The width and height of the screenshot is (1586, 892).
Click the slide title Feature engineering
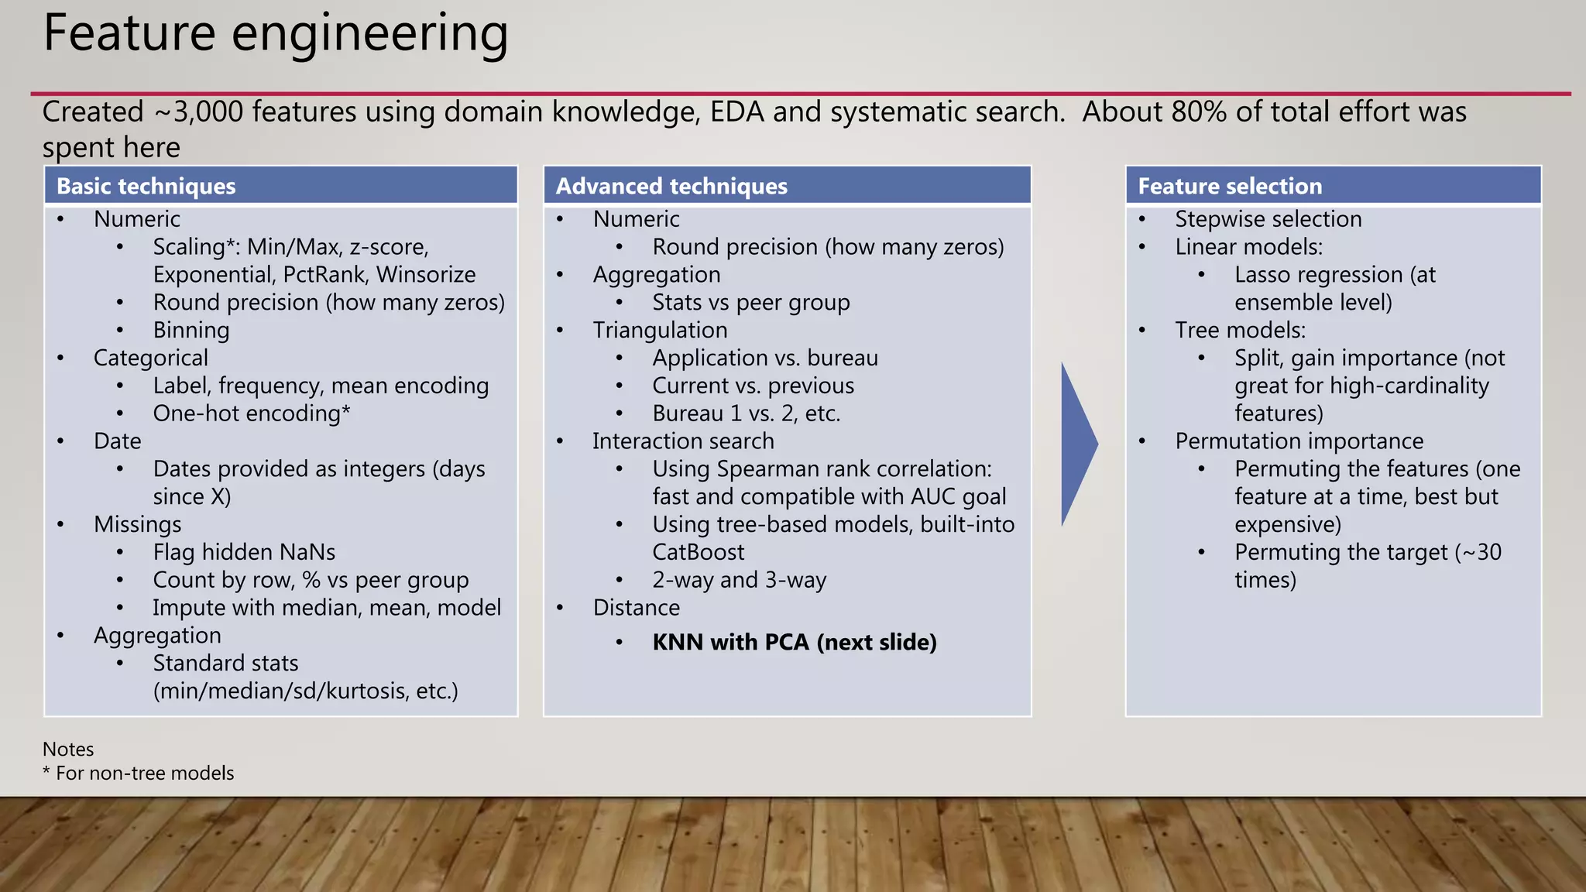pos(276,34)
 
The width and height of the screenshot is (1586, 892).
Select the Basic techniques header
pos(146,186)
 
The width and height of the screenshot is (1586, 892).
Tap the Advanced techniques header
pos(671,186)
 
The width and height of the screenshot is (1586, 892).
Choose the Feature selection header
pos(1230,186)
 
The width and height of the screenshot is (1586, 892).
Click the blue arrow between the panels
pos(1078,444)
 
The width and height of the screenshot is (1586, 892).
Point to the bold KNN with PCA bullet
pos(795,642)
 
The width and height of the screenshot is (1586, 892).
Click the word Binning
pos(191,330)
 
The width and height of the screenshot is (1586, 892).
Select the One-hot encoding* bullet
pos(252,413)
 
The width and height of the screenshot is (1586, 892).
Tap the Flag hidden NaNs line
pos(244,552)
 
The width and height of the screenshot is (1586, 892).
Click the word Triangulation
pos(660,330)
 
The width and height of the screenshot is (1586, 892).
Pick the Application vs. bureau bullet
pos(765,358)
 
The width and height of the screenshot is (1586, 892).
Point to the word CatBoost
pos(698,552)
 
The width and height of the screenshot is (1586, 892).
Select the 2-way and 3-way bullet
pos(740,580)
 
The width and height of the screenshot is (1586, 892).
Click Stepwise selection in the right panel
pos(1268,219)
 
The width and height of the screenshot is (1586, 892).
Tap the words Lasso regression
pos(1318,275)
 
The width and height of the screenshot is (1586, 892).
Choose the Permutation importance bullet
pos(1299,441)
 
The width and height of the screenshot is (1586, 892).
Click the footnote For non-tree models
pos(145,773)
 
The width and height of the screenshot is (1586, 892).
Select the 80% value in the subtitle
pos(1199,112)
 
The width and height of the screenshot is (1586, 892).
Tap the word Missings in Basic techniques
pos(137,524)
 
